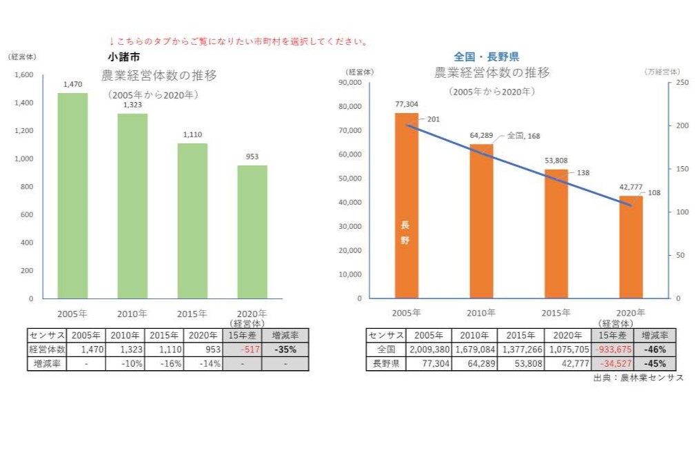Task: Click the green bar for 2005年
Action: [x=72, y=196]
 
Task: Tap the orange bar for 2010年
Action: [x=481, y=221]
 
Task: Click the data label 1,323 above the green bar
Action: [x=132, y=105]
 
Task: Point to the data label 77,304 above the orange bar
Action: [x=407, y=104]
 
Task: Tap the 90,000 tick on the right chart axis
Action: [x=352, y=83]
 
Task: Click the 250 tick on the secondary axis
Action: [x=681, y=83]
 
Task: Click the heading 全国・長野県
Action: [x=486, y=57]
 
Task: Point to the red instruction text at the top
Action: [x=238, y=41]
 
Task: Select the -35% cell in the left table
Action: [x=285, y=349]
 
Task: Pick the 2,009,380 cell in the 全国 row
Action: [x=429, y=349]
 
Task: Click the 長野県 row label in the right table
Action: [x=386, y=363]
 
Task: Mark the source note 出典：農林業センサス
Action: [x=638, y=378]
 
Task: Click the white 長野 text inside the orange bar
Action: [x=405, y=232]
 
